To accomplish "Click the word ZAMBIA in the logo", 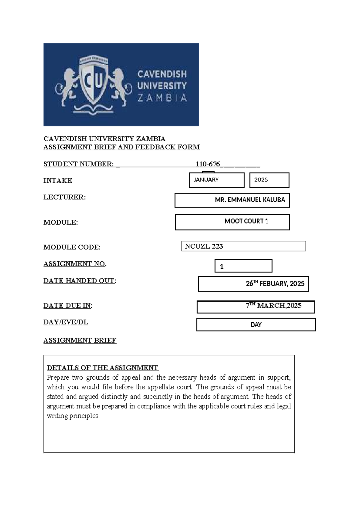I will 162,98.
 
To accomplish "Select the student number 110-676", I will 208,164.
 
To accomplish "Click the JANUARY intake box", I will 217,180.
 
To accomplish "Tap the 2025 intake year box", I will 269,180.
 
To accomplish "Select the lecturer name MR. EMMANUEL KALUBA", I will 250,200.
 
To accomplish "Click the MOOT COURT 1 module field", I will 246,221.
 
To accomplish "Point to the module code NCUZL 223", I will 204,246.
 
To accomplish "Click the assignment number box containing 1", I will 243,266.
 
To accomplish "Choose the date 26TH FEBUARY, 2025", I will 275,284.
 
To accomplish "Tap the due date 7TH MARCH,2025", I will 273,306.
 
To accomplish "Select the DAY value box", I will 256,325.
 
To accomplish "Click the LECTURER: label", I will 64,197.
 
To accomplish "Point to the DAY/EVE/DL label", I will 66,322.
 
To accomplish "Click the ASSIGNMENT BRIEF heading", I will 80,340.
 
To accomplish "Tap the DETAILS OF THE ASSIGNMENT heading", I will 103,368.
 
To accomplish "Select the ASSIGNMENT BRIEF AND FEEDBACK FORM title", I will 121,147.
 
